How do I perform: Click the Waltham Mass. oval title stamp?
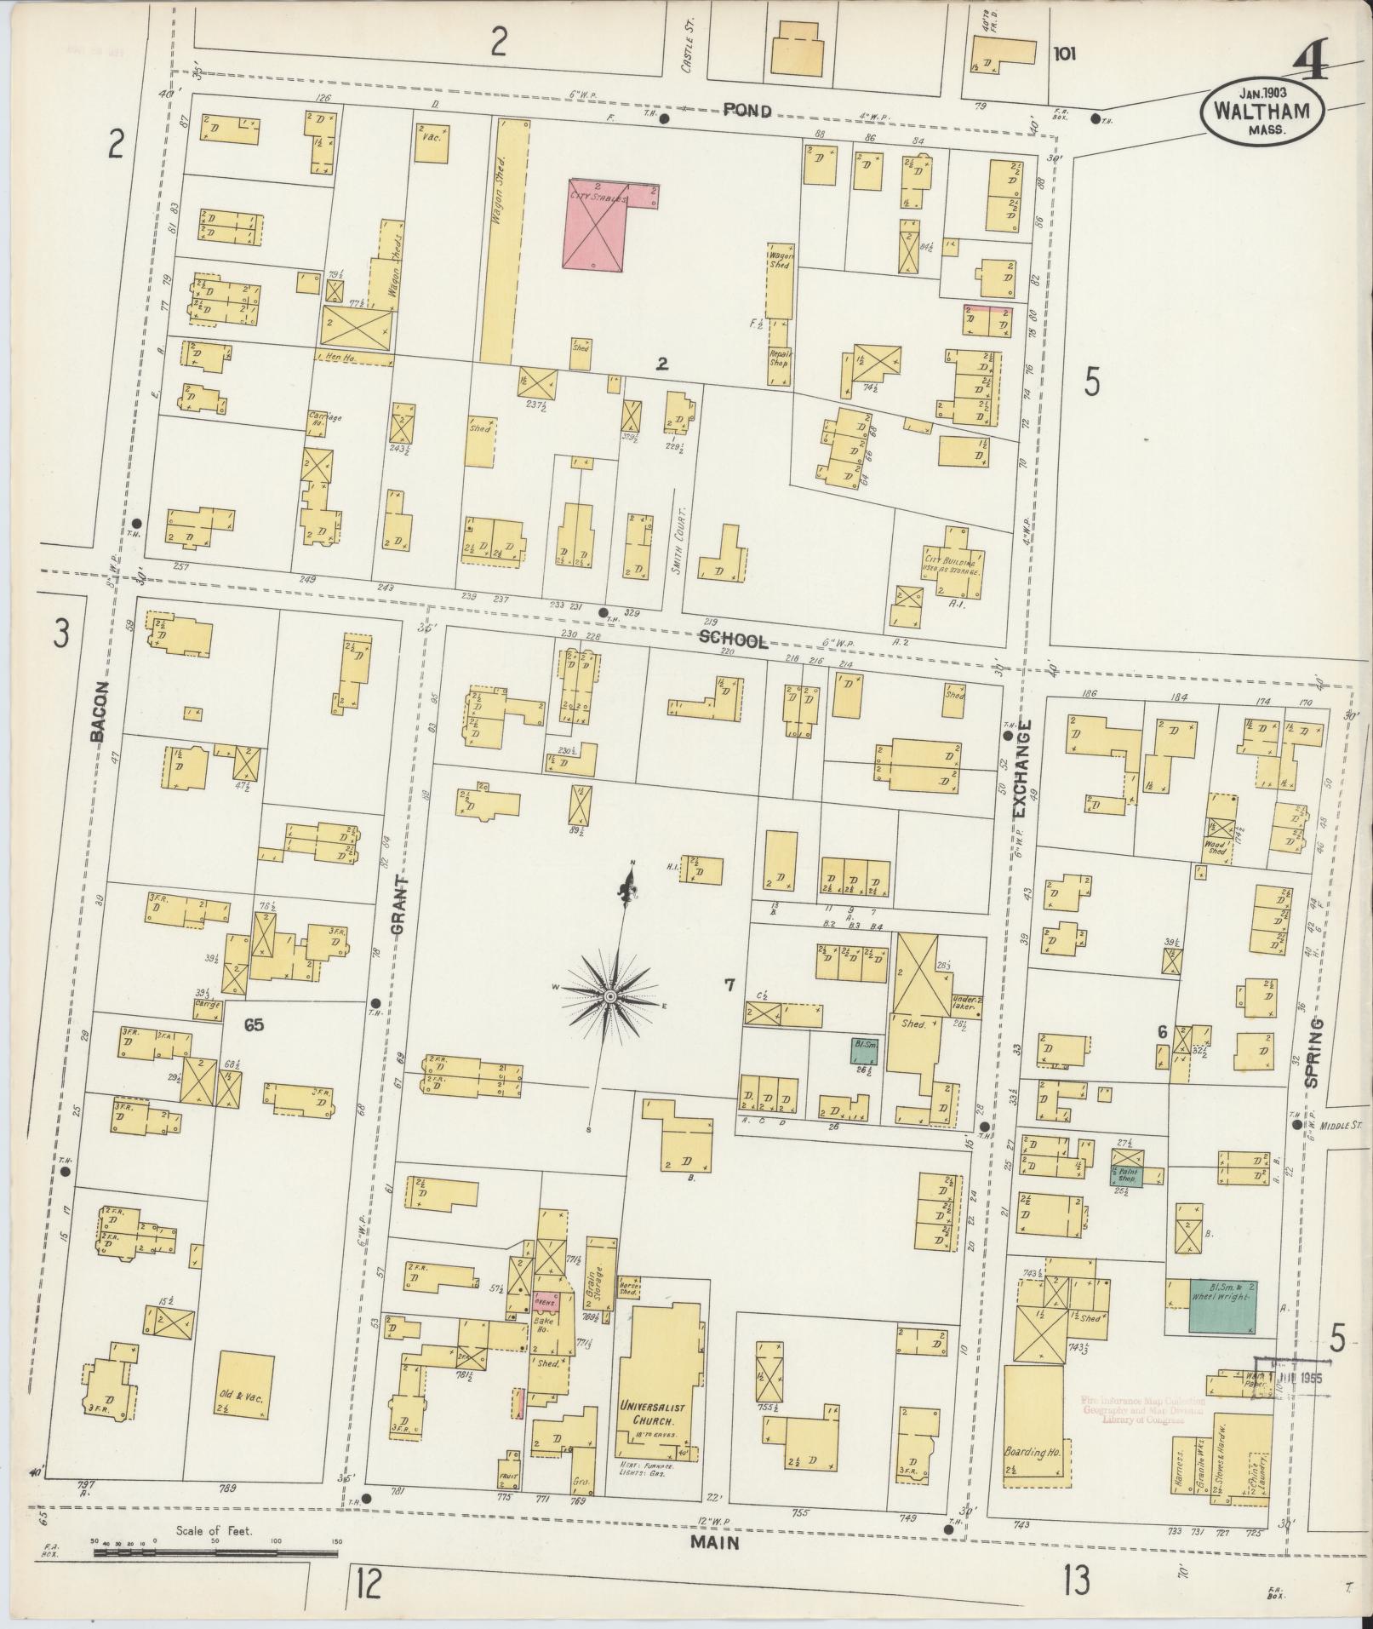[x=1261, y=111]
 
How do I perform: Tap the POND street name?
[x=747, y=111]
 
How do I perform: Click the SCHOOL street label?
[x=733, y=641]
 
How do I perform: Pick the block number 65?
[x=254, y=1024]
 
